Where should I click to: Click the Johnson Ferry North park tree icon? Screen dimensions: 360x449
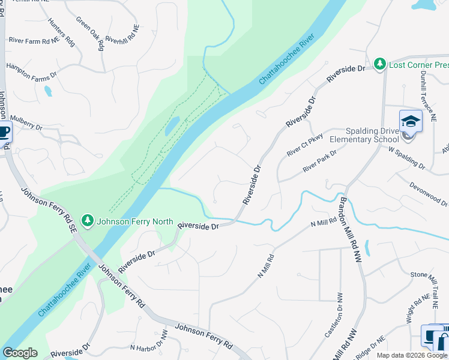coord(88,221)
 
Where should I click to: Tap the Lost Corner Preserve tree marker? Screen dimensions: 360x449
coord(379,64)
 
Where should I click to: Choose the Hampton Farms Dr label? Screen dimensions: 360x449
coord(31,70)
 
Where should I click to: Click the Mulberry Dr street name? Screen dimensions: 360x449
coord(26,124)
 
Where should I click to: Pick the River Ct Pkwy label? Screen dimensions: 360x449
coord(304,145)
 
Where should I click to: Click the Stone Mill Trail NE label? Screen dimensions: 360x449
coord(427,284)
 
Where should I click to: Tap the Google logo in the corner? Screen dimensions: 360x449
coord(20,353)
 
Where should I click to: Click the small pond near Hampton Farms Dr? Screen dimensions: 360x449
coord(47,91)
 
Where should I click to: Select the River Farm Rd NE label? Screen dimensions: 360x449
coord(35,40)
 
